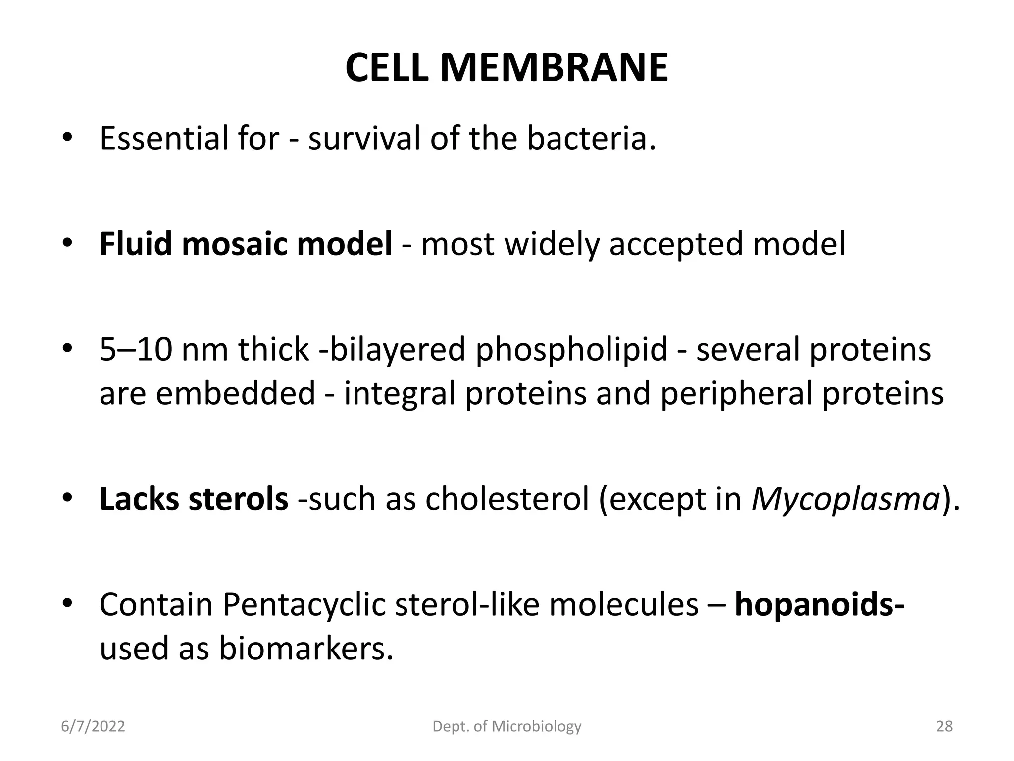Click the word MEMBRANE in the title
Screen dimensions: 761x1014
coord(554,68)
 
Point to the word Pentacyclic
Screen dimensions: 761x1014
coord(304,605)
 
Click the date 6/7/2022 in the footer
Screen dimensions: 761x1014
coord(93,726)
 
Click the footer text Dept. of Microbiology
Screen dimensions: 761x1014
coord(507,726)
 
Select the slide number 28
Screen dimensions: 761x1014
coord(944,726)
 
